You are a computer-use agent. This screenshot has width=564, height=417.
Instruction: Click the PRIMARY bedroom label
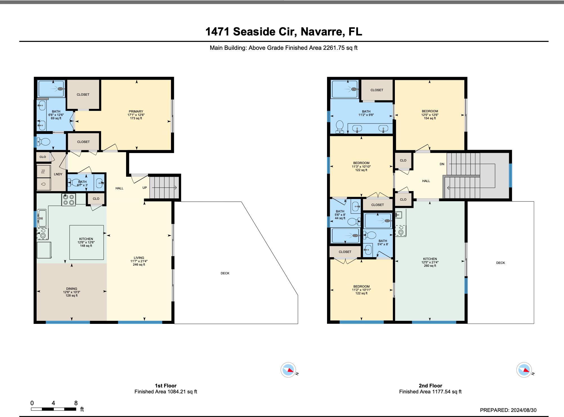[x=136, y=111]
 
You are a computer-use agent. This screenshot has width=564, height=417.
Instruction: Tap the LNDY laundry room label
[x=58, y=174]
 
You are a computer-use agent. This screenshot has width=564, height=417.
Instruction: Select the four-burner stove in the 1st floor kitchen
[x=69, y=200]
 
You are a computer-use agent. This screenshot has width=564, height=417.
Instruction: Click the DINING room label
[x=71, y=289]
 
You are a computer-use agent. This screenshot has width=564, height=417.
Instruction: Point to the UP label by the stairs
[x=145, y=188]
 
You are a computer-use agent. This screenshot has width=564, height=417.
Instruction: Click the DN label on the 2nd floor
[x=442, y=164]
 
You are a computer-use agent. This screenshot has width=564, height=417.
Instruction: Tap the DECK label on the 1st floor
[x=225, y=273]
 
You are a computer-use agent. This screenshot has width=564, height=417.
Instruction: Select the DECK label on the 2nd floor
[x=501, y=263]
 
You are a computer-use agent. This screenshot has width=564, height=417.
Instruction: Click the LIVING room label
[x=139, y=258]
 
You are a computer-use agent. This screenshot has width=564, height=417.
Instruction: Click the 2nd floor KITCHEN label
[x=430, y=259]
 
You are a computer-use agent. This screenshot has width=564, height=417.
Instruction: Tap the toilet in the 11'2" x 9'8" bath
[x=340, y=127]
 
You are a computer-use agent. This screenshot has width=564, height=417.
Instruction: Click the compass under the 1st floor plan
[x=288, y=370]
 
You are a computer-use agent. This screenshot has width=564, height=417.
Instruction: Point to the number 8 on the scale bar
[x=76, y=403]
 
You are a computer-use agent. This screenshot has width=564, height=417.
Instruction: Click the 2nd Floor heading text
[x=430, y=386]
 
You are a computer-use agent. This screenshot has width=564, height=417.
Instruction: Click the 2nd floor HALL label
[x=426, y=181]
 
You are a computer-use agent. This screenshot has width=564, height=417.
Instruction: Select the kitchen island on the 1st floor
[x=87, y=242]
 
